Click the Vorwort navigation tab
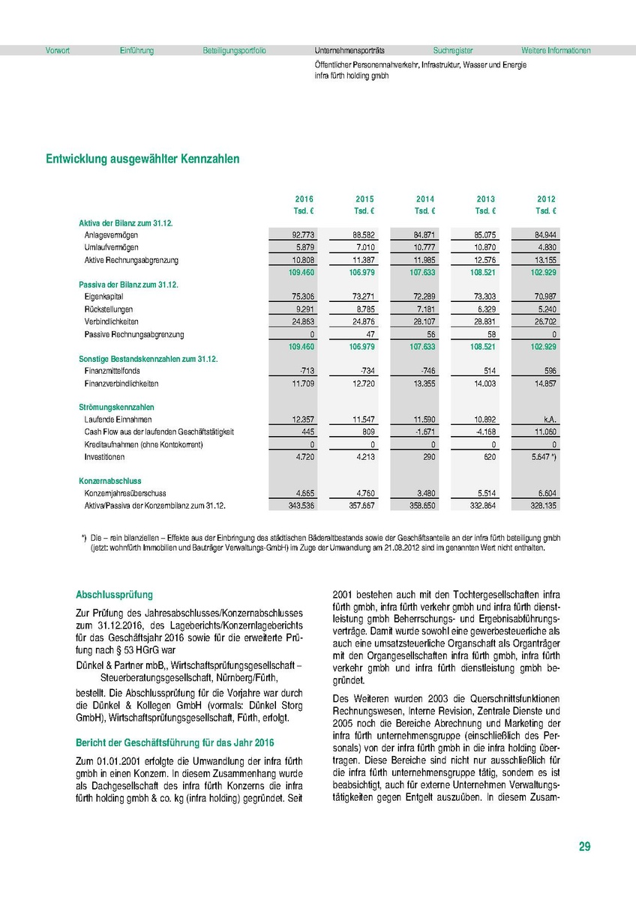[57, 51]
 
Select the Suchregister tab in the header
[453, 51]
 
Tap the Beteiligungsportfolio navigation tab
[234, 51]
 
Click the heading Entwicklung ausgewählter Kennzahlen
[142, 159]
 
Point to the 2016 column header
[304, 199]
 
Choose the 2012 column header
[546, 199]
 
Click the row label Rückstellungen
[109, 309]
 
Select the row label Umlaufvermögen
[111, 247]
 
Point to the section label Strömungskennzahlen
[111, 407]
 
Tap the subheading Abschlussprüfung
[114, 595]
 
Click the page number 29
[584, 847]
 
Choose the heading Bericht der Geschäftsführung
[174, 742]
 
